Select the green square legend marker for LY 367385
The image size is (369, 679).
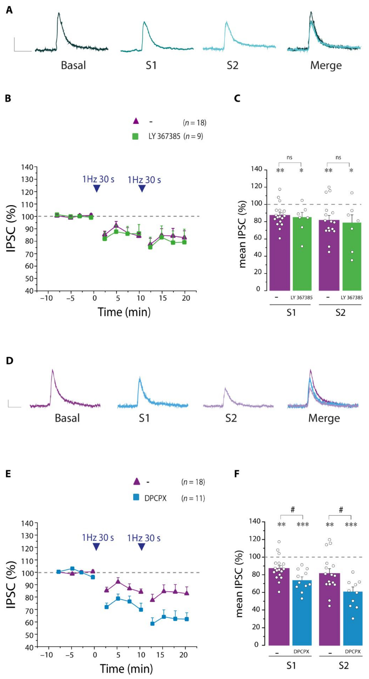[x=135, y=136]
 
